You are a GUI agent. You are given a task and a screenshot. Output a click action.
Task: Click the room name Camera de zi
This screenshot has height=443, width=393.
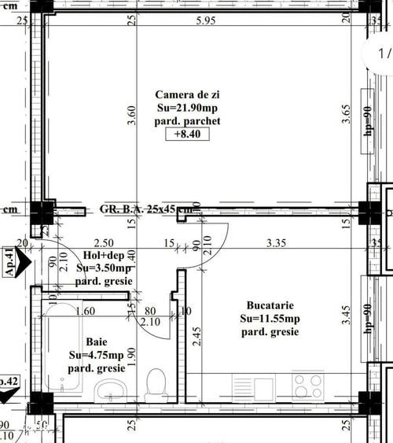188,94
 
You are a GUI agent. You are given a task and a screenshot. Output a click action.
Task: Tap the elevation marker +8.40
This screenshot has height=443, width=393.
187,135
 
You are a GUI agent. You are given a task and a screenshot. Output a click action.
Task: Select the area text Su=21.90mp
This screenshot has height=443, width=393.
188,108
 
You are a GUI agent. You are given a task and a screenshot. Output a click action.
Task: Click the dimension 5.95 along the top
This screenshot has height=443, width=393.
206,20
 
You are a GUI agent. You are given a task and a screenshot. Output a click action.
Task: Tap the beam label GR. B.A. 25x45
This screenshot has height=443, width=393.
145,209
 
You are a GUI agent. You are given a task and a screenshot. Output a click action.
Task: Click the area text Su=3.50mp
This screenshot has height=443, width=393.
104,268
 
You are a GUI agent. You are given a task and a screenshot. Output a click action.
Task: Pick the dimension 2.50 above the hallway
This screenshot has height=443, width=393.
104,243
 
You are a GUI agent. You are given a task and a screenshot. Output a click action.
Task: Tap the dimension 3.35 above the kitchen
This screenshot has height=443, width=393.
275,243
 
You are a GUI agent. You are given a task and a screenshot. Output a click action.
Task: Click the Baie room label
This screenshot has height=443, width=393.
97,341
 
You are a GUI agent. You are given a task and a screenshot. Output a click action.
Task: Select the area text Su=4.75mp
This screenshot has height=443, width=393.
97,355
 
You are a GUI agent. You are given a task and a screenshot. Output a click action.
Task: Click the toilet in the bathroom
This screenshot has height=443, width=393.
156,385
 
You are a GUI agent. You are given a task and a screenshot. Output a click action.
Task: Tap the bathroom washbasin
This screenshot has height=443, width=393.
110,389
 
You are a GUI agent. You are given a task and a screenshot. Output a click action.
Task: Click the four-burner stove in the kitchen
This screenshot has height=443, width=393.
309,386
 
